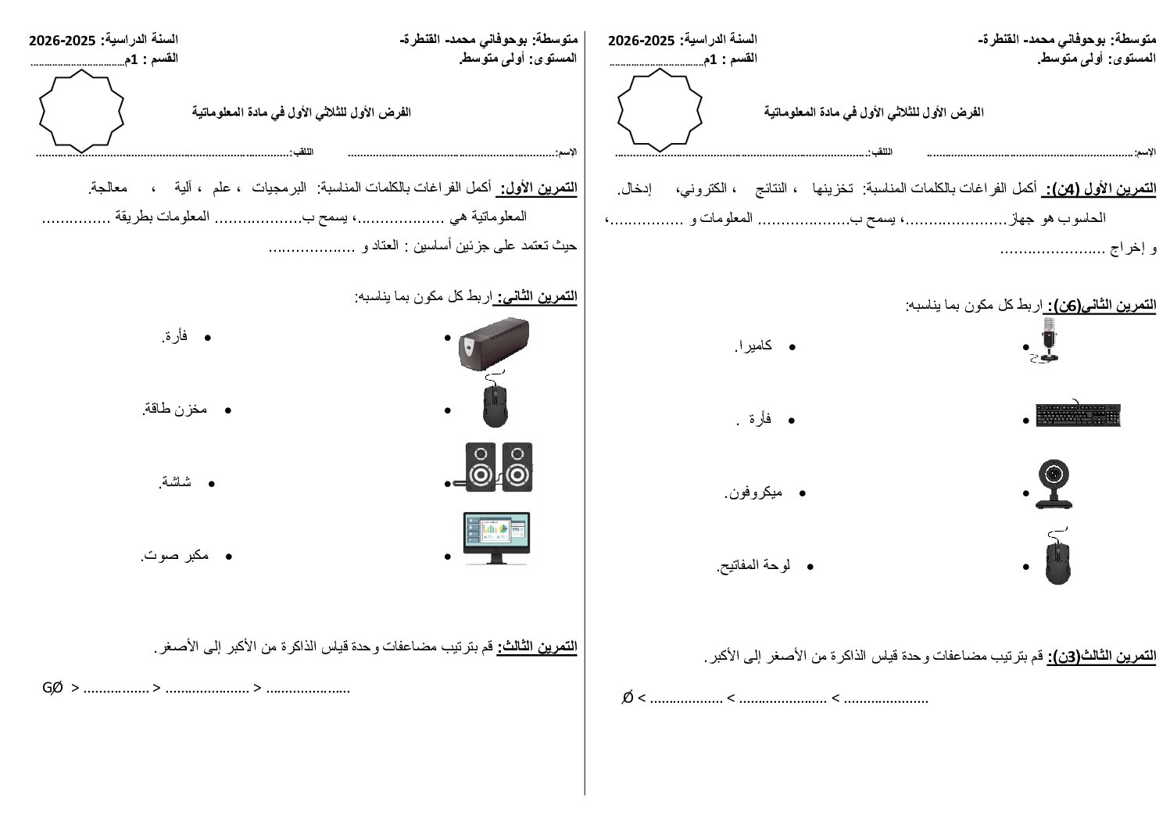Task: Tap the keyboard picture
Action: pyautogui.click(x=1079, y=415)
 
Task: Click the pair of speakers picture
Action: pyautogui.click(x=499, y=467)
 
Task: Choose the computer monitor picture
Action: pyautogui.click(x=496, y=538)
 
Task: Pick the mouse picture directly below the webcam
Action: pyautogui.click(x=1057, y=556)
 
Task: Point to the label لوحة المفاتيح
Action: pyautogui.click(x=754, y=565)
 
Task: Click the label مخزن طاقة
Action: pyautogui.click(x=176, y=409)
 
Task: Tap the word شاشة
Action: pyautogui.click(x=176, y=482)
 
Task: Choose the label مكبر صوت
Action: pyautogui.click(x=176, y=556)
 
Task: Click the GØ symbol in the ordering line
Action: pyautogui.click(x=52, y=688)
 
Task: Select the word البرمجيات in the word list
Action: pyautogui.click(x=274, y=188)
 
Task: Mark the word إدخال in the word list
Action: pyautogui.click(x=634, y=189)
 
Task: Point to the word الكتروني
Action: pyautogui.click(x=703, y=189)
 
